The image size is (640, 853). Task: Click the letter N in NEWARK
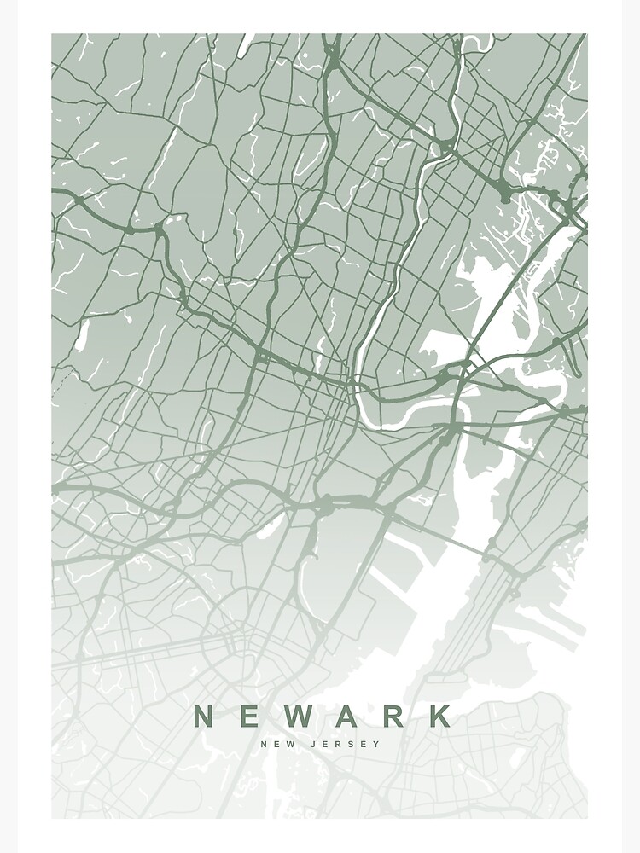206,716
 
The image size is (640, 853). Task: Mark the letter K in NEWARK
439,716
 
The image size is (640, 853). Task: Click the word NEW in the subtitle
278,744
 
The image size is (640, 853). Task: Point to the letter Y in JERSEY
376,744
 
